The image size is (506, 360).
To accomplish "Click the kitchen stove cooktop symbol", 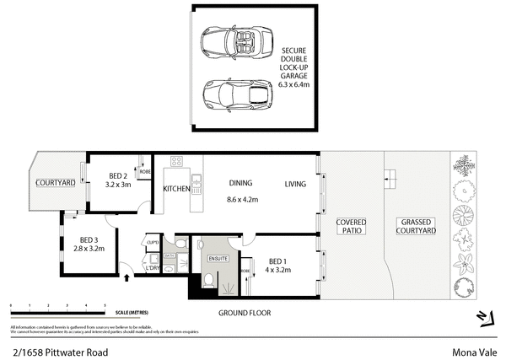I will click(178, 161).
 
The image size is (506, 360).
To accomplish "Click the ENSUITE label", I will click(218, 259).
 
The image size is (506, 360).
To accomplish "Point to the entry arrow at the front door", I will click(127, 275).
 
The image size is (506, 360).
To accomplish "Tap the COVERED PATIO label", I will click(351, 226).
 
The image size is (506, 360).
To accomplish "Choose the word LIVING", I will click(295, 184).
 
